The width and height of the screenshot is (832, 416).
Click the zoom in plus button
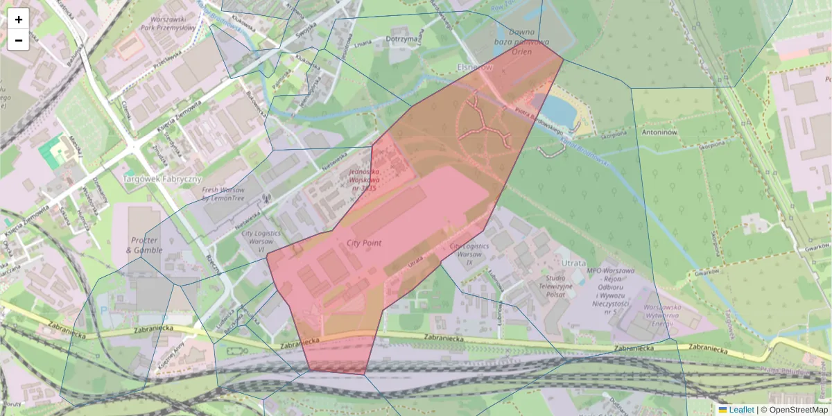tap(19, 19)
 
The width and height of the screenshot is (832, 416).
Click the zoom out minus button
tap(19, 40)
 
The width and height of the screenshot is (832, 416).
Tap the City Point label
tap(363, 244)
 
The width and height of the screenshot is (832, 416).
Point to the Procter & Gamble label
tap(146, 245)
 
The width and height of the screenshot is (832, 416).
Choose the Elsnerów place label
tap(474, 67)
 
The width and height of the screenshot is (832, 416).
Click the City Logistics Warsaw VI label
tap(261, 241)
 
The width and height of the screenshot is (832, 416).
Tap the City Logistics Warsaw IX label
tap(469, 254)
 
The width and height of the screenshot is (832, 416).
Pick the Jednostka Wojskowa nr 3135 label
tap(363, 179)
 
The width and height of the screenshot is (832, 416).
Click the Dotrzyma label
tap(403, 40)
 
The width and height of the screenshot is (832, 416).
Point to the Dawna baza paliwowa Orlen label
tap(521, 42)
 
